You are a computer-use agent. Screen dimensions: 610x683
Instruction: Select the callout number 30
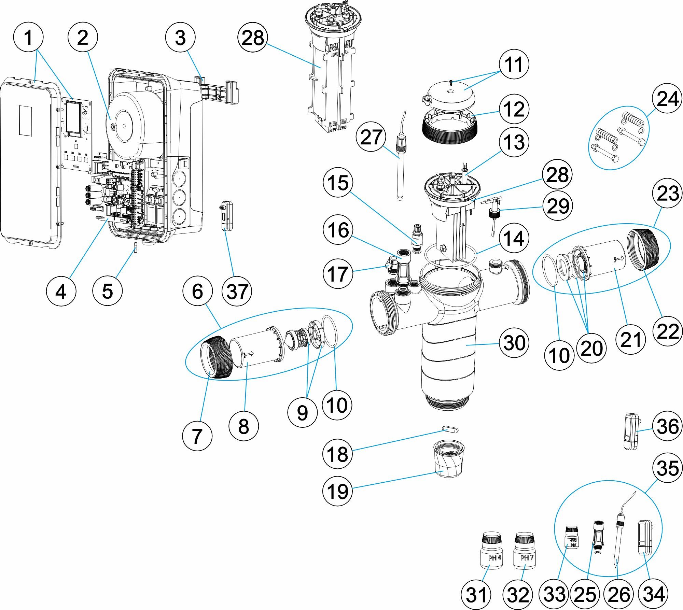[x=514, y=343]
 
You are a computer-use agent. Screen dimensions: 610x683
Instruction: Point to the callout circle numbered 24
[x=667, y=99]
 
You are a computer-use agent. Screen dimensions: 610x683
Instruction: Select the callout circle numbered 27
[x=371, y=137]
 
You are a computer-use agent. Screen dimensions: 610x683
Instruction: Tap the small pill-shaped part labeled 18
[x=450, y=429]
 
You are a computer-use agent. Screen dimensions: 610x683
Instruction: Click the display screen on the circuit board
[x=74, y=116]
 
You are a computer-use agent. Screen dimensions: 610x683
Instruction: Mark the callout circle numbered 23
[x=667, y=194]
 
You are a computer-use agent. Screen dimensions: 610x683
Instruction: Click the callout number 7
[x=197, y=436]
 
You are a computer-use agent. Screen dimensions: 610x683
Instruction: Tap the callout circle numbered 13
[x=514, y=142]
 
